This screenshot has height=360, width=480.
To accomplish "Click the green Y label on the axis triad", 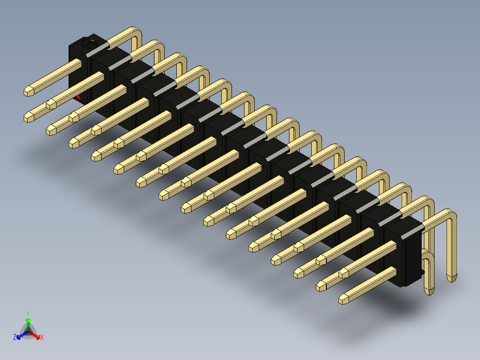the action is click(28, 313).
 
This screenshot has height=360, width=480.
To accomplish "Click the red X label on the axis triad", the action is click(42, 337).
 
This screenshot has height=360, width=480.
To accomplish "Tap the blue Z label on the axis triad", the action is click(15, 337).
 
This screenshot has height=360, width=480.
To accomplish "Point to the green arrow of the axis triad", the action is click(28, 324).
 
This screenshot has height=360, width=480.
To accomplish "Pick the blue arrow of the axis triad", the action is click(22, 335).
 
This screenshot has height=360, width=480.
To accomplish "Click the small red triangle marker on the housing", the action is click(78, 98).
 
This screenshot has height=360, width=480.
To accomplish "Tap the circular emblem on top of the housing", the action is click(88, 44).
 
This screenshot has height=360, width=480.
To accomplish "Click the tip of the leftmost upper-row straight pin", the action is click(28, 91).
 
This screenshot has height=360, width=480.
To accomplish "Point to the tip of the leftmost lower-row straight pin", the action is click(28, 117).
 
